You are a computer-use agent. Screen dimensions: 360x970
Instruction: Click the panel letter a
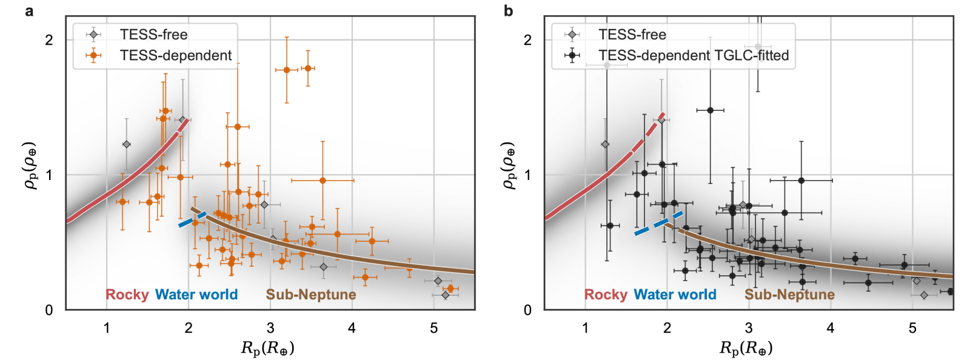coord(29,10)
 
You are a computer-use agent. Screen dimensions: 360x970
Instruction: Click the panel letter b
coord(508,10)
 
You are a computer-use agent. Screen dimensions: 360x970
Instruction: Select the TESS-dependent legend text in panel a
coord(175,56)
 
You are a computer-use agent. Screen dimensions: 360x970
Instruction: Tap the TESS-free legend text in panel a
coord(153,35)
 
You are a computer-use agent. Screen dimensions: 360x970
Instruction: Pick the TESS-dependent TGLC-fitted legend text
coord(694,56)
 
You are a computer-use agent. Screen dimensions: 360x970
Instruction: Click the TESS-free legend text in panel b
coord(632,35)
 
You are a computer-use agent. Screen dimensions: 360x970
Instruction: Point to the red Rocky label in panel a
coord(127,295)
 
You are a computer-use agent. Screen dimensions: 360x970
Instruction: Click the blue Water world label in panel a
coord(196,295)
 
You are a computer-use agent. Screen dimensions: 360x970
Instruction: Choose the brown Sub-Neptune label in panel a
coord(311,295)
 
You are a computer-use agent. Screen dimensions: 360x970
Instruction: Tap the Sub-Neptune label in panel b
coord(789,295)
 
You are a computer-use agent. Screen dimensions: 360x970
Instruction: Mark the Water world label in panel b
coord(675,295)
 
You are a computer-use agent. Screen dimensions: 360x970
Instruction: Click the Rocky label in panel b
coord(606,295)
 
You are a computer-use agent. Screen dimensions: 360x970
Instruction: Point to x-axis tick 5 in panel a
coord(434,328)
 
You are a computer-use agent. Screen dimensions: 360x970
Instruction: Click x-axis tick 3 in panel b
coord(749,328)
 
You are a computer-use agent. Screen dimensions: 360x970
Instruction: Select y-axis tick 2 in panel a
coord(49,40)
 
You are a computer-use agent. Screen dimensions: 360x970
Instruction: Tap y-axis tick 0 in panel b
coord(527,310)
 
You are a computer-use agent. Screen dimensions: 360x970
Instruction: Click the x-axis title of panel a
coord(267,348)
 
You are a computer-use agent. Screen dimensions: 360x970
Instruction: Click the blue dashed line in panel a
coord(193,219)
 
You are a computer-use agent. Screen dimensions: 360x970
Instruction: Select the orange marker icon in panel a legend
coord(93,56)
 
